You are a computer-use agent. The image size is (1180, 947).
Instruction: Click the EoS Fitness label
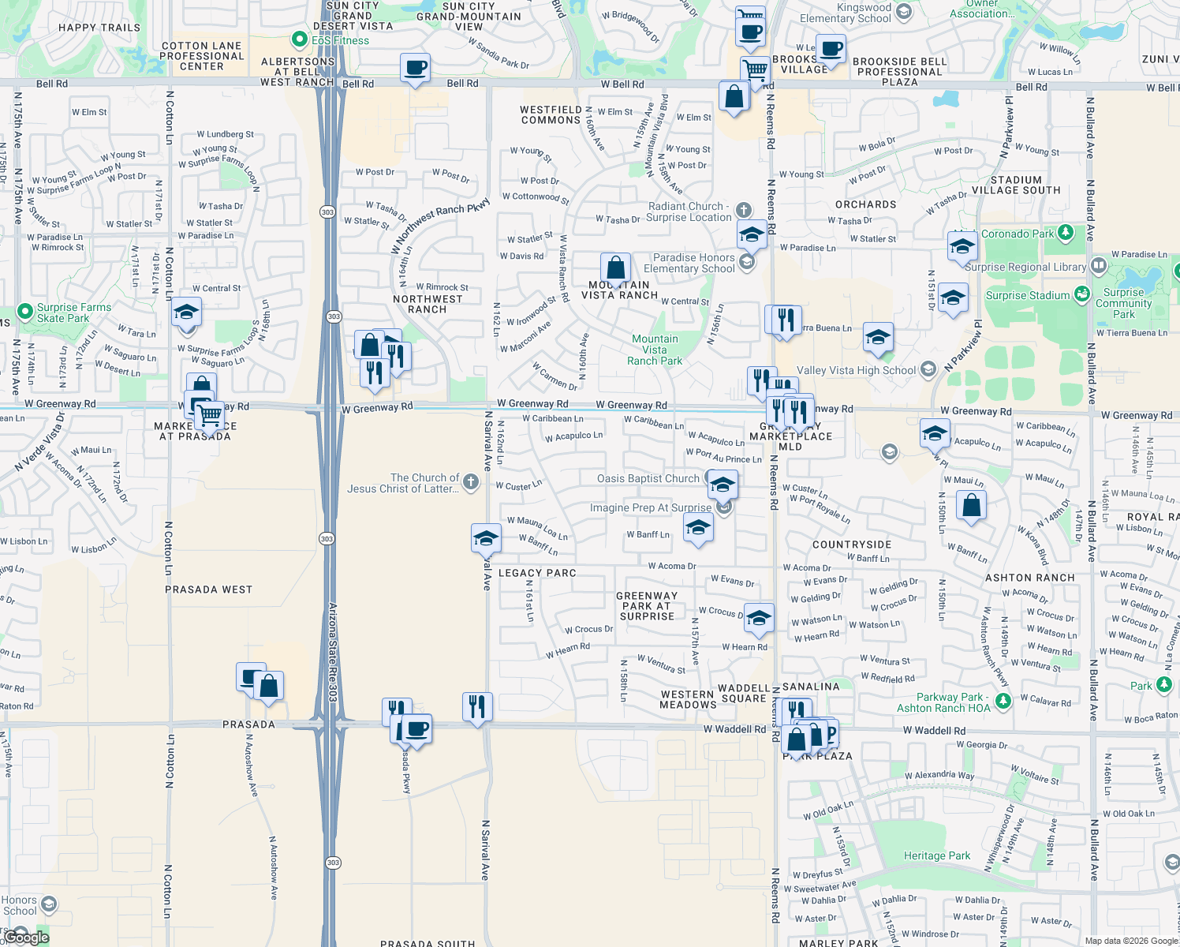340,40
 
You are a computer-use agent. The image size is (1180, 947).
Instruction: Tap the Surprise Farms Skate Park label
73,313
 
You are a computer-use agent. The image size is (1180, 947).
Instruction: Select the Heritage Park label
937,855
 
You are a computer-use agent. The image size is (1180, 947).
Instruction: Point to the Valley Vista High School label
856,370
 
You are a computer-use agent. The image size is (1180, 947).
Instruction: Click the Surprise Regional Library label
1025,267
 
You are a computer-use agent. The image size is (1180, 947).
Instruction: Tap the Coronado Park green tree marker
1066,233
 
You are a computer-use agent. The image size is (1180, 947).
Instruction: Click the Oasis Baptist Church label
648,478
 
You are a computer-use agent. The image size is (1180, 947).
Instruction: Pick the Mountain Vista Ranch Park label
655,350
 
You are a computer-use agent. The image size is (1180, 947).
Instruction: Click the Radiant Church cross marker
743,210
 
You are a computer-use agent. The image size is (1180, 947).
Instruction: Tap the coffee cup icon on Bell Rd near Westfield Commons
415,68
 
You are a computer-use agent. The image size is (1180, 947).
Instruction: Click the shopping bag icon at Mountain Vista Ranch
615,268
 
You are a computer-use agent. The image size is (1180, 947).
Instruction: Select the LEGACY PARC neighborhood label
537,573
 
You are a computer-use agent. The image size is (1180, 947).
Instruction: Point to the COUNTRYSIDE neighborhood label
852,545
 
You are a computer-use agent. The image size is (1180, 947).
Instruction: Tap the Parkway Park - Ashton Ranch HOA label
943,702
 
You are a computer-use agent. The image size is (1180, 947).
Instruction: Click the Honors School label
19,905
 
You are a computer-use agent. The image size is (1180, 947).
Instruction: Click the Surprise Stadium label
1027,295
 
